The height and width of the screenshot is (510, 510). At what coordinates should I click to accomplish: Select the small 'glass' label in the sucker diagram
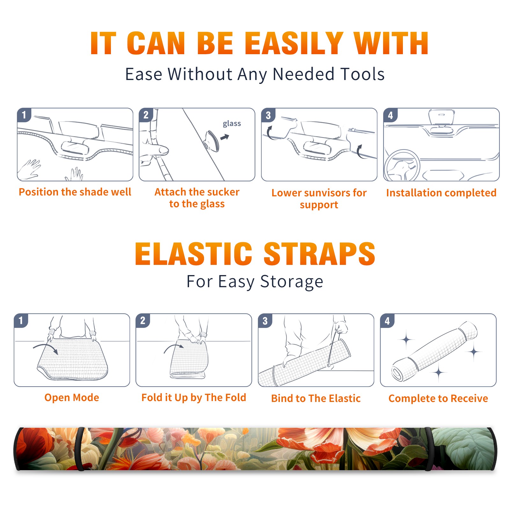[232, 124]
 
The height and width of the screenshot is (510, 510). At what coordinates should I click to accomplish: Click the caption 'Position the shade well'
[75, 192]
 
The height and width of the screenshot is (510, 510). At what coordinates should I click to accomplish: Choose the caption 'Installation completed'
[441, 193]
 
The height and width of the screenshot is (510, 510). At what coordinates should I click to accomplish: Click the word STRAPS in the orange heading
[319, 254]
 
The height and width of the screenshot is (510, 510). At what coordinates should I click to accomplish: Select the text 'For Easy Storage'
[255, 282]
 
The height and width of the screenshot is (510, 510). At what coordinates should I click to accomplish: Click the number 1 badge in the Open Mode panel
[21, 320]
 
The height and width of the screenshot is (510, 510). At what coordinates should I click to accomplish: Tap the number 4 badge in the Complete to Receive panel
[387, 321]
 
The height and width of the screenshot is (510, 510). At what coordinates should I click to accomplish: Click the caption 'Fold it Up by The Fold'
[194, 397]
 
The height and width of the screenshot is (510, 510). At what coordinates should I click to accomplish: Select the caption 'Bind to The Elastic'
[316, 398]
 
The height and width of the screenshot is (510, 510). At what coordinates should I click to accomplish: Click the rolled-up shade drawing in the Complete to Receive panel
[434, 351]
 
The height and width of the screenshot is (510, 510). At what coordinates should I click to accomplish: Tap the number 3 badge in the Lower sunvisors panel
[268, 115]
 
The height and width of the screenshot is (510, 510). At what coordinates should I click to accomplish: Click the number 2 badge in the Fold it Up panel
[143, 320]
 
